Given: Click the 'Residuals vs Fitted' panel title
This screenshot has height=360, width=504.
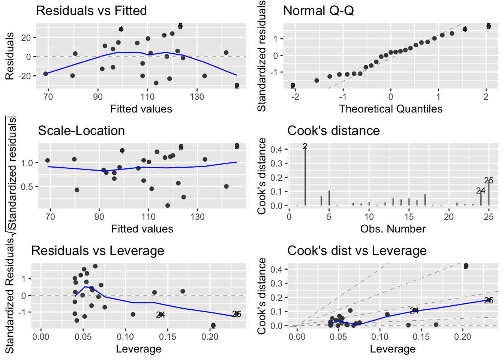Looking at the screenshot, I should click(x=91, y=10).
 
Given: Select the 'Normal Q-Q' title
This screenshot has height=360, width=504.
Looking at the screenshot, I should click(x=318, y=10).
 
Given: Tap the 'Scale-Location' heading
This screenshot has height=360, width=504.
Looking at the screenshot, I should click(x=81, y=130).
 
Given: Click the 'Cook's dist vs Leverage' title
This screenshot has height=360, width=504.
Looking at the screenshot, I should click(x=357, y=250).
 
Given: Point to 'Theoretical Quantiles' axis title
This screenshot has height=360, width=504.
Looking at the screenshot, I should click(x=390, y=109).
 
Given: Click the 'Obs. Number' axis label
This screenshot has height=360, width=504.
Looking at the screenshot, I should click(x=393, y=229).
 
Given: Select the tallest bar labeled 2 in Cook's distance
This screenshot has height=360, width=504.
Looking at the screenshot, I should click(x=305, y=176).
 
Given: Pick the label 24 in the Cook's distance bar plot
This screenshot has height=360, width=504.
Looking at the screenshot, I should click(x=480, y=191).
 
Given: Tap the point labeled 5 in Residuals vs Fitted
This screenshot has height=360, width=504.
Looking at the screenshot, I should click(x=180, y=27).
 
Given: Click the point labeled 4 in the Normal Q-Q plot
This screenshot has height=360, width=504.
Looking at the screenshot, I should click(x=465, y=29).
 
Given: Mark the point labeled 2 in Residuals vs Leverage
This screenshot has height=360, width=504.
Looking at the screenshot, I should click(x=213, y=325).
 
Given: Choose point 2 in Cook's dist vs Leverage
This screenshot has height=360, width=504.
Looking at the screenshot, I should click(x=466, y=266).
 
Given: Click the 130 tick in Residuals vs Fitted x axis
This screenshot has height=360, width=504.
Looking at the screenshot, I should click(x=197, y=97).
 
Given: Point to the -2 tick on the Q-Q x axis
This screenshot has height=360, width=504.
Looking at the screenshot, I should click(x=295, y=97).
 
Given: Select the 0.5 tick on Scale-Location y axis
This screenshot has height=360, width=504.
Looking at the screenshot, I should click(x=28, y=186).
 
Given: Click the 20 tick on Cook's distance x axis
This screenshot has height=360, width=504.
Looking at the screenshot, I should click(x=449, y=217).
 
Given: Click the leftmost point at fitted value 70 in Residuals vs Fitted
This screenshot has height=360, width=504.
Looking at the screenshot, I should click(x=46, y=74).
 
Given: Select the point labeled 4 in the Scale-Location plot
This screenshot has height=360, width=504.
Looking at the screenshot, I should click(x=122, y=151).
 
